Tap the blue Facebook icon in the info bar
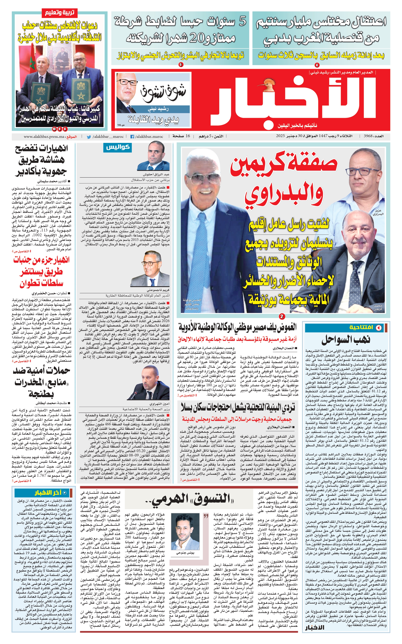tap(132, 137)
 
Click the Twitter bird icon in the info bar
tap(89, 137)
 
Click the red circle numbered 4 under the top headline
tap(317, 65)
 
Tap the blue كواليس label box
tap(118, 147)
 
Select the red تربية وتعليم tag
tap(59, 12)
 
